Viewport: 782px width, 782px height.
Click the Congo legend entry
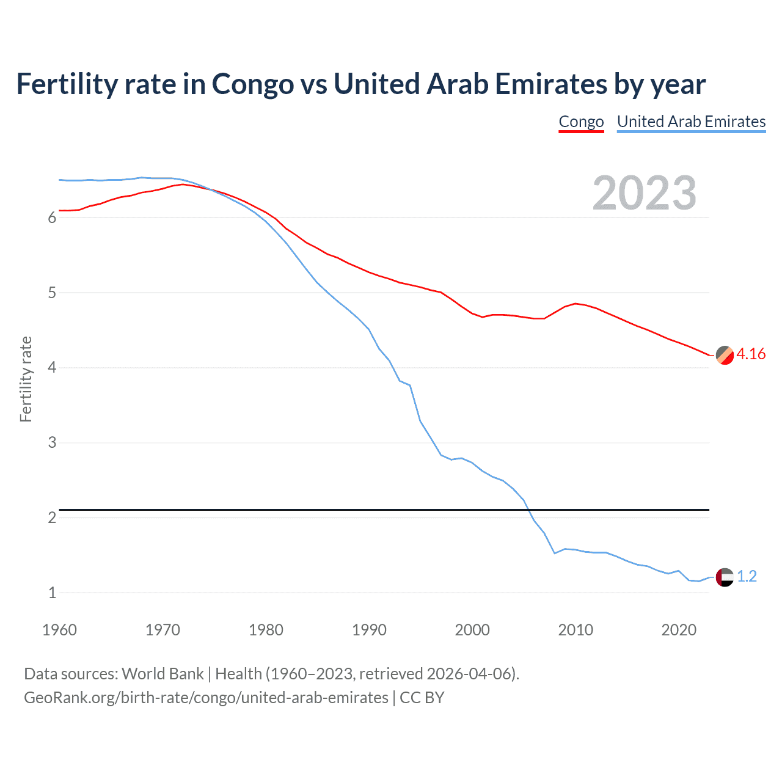pyautogui.click(x=581, y=122)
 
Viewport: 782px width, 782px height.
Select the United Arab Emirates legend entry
pyautogui.click(x=691, y=122)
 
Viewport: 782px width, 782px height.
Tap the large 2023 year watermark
pyautogui.click(x=644, y=193)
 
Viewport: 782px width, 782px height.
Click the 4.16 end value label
pyautogui.click(x=751, y=354)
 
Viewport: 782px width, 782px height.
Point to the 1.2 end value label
pyautogui.click(x=747, y=577)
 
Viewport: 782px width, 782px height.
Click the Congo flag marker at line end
pyautogui.click(x=725, y=355)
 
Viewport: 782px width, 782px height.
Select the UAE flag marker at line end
pyautogui.click(x=725, y=577)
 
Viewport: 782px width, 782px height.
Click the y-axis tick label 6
pyautogui.click(x=52, y=218)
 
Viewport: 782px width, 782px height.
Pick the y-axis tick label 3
pyautogui.click(x=52, y=443)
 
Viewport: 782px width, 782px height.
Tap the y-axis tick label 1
pyautogui.click(x=52, y=593)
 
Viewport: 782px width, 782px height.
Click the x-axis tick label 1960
pyautogui.click(x=59, y=630)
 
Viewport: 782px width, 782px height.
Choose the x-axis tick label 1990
pyautogui.click(x=369, y=630)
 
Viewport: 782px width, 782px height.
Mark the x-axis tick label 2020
pyautogui.click(x=679, y=630)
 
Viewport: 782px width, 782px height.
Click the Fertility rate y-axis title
pyautogui.click(x=26, y=379)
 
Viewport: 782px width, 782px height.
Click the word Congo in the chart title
pyautogui.click(x=252, y=84)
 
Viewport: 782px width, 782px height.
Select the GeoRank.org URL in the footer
pyautogui.click(x=206, y=698)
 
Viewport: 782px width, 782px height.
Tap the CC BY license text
pyautogui.click(x=422, y=698)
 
